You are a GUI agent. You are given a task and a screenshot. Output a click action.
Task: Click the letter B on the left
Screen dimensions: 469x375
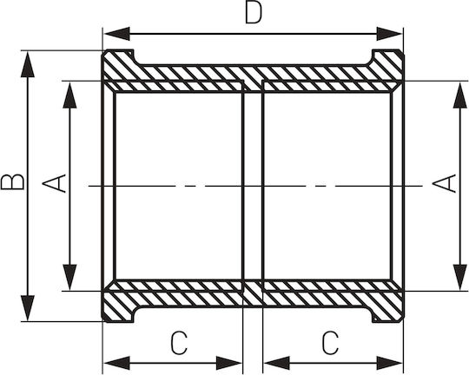coord(12,182)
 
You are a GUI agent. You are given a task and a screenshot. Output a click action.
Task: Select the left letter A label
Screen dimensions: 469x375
coord(54,183)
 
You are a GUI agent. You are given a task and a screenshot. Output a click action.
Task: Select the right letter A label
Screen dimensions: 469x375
coord(445,183)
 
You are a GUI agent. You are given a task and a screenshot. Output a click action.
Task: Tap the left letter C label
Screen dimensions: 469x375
coord(179,342)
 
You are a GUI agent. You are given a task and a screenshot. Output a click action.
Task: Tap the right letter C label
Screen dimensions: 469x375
coord(331,342)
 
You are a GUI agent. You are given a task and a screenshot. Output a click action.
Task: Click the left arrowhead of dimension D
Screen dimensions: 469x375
coord(117,34)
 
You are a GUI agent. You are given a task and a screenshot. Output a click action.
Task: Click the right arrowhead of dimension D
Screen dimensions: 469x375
coord(389,34)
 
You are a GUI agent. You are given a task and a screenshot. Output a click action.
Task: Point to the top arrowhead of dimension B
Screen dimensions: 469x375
coord(28,64)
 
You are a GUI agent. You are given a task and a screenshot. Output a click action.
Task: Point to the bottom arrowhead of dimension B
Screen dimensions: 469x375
coord(28,307)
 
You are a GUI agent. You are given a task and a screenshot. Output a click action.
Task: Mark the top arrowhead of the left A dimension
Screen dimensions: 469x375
coord(69,95)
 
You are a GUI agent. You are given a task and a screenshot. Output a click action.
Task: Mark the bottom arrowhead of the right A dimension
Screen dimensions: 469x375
coord(460,277)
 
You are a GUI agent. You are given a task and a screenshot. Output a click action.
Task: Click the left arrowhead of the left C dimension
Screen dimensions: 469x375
coord(117,363)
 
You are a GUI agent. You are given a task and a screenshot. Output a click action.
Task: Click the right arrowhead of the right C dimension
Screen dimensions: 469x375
coord(389,363)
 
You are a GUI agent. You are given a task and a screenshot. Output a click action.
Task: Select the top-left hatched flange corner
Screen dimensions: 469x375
coord(118,65)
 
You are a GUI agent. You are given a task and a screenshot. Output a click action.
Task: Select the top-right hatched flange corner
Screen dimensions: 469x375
coord(388,65)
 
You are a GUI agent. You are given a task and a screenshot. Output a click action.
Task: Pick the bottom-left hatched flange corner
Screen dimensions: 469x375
coord(118,306)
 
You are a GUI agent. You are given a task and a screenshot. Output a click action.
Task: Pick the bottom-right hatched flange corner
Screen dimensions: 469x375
coord(388,306)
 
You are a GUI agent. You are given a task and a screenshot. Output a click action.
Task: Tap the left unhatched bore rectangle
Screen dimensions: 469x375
coord(178,186)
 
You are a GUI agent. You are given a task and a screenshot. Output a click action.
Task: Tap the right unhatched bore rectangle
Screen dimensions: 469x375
coord(327,186)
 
